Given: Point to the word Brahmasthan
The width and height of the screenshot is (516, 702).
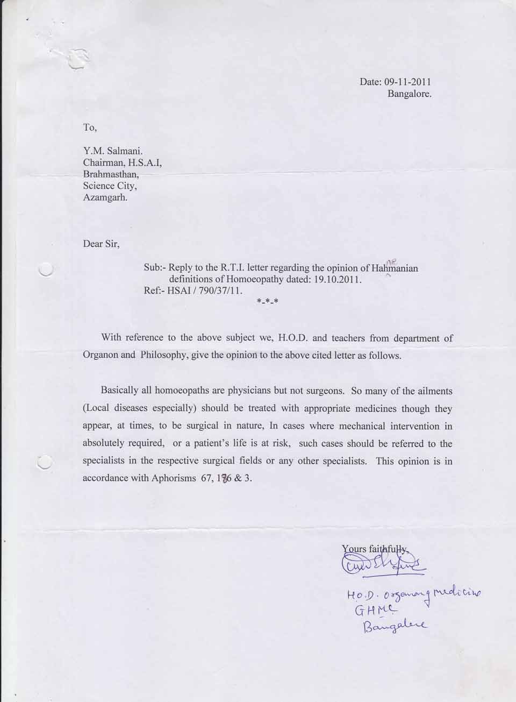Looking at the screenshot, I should click(111, 175).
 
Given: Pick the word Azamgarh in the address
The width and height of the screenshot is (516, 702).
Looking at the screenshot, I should click(105, 197).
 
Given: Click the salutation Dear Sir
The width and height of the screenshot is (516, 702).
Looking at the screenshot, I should click(101, 244).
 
